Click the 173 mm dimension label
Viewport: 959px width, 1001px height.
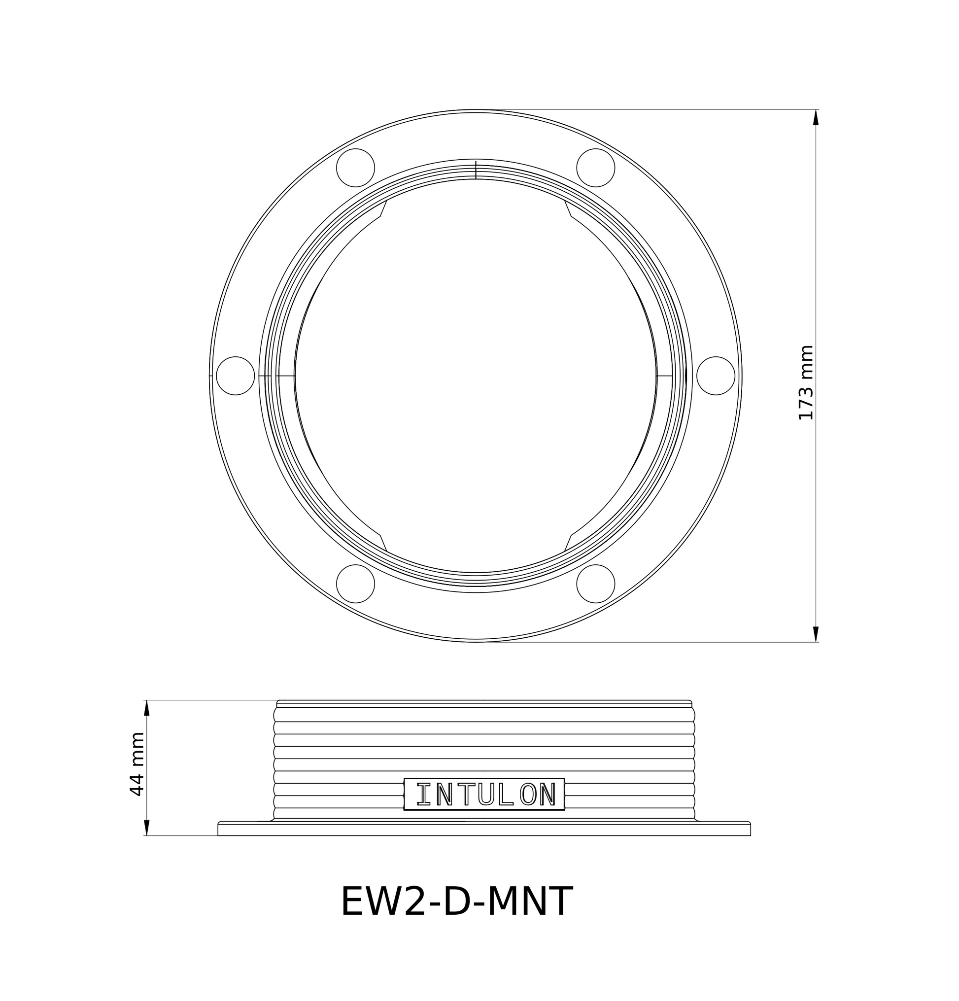click(x=805, y=382)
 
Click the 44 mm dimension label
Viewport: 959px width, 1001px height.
click(x=137, y=763)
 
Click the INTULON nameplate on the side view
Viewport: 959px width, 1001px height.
click(x=484, y=794)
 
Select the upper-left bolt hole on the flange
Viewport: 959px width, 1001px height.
click(x=356, y=168)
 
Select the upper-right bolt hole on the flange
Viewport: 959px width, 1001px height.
click(x=595, y=168)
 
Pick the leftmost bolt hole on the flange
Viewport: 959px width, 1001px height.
click(x=236, y=376)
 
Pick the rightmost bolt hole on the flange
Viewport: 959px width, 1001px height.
click(x=716, y=376)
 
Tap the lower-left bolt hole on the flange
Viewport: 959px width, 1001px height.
click(x=356, y=583)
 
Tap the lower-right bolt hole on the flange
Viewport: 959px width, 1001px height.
click(x=595, y=583)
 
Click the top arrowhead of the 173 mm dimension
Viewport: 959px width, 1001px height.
click(x=816, y=117)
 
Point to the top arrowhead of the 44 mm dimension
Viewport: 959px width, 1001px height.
click(x=146, y=708)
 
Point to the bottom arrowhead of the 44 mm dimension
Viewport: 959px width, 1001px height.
click(x=146, y=828)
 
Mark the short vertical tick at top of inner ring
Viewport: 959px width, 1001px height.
click(x=476, y=170)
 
